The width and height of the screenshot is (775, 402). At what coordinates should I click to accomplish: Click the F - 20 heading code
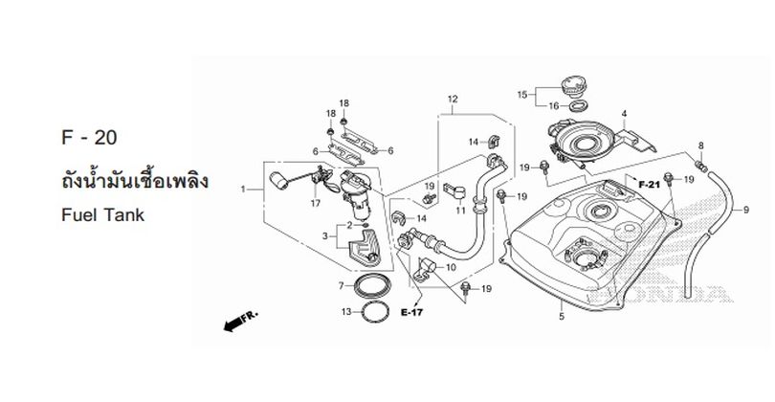pyautogui.click(x=89, y=138)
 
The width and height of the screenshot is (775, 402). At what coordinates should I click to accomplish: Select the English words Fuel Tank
pyautogui.click(x=102, y=215)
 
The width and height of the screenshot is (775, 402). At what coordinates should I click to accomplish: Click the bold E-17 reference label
pyautogui.click(x=411, y=312)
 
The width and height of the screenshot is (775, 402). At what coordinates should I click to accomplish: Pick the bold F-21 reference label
pyautogui.click(x=649, y=185)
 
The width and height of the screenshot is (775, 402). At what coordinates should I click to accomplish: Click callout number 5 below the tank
pyautogui.click(x=562, y=317)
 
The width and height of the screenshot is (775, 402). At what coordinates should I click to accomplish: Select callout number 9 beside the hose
pyautogui.click(x=746, y=211)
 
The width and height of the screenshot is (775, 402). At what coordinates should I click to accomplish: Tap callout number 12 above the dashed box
pyautogui.click(x=453, y=99)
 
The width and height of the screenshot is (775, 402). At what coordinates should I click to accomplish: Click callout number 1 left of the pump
pyautogui.click(x=243, y=190)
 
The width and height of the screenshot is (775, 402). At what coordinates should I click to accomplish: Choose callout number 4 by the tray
pyautogui.click(x=624, y=114)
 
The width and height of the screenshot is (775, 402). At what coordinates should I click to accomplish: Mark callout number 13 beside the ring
pyautogui.click(x=346, y=311)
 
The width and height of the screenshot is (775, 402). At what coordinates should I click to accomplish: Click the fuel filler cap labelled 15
pyautogui.click(x=573, y=87)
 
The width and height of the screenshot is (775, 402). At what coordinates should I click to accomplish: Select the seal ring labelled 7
pyautogui.click(x=371, y=286)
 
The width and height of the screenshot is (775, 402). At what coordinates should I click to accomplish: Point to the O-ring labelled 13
pyautogui.click(x=375, y=312)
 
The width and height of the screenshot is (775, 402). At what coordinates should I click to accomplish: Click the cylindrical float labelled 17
pyautogui.click(x=278, y=181)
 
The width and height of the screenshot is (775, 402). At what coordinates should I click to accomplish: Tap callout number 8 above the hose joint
pyautogui.click(x=701, y=145)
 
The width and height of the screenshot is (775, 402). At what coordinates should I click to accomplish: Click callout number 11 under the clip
pyautogui.click(x=460, y=211)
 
